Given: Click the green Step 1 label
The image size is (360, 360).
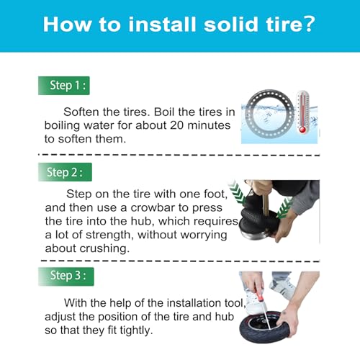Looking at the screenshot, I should (x=66, y=86).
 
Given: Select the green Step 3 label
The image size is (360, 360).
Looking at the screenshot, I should (x=66, y=274).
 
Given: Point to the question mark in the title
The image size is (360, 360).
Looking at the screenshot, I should (x=307, y=24).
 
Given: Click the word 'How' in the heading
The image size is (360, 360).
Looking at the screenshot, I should (x=68, y=24).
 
